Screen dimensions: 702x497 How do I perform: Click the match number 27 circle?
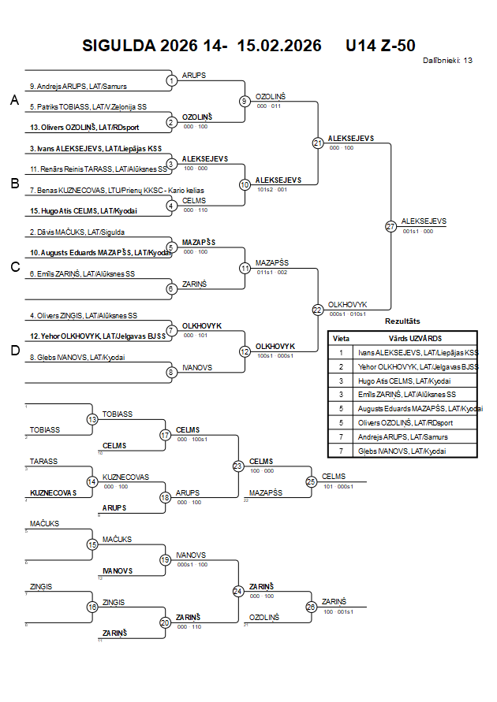[390, 226]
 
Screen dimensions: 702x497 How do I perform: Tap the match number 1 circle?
[171, 80]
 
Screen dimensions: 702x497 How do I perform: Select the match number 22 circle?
[318, 310]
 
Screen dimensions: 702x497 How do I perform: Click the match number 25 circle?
[311, 481]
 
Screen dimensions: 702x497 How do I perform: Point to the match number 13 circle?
[92, 419]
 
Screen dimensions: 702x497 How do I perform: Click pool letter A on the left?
[14, 100]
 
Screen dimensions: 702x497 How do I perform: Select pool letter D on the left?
[14, 351]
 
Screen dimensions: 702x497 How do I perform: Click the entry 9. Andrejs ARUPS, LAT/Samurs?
[78, 86]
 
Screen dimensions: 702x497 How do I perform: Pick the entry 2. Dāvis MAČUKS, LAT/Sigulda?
[77, 232]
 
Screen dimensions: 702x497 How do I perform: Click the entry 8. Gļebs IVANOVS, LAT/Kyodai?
[77, 357]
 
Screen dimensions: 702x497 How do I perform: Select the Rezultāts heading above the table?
[402, 321]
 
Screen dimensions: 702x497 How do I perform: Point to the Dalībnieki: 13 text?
[447, 60]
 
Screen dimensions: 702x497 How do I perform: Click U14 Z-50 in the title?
[380, 46]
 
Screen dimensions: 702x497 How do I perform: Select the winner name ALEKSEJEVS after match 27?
[424, 221]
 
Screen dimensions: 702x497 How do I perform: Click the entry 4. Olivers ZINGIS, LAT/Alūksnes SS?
[84, 315]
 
